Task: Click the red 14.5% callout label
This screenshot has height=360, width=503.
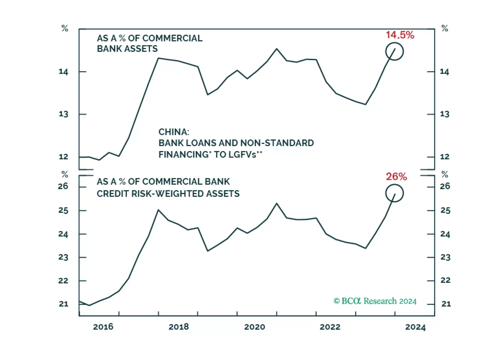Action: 400,35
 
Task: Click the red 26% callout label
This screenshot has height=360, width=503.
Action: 396,177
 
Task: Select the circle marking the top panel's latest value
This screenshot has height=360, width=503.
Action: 394,51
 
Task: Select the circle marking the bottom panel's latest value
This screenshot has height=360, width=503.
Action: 394,193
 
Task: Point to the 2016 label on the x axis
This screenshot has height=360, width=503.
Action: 103,327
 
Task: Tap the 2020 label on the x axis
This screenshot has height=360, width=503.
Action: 254,327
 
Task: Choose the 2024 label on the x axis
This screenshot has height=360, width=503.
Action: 415,327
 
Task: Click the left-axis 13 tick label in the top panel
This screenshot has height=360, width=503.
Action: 63,114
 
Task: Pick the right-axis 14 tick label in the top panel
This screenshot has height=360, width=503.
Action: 444,72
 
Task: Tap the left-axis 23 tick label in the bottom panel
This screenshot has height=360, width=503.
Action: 63,257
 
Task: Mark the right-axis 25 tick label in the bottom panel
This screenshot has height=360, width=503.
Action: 445,210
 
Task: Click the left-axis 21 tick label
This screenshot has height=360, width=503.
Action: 63,304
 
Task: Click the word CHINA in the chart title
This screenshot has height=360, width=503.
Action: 173,132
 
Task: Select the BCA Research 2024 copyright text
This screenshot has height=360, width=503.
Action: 375,301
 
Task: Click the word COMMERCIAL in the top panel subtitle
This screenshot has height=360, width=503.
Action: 172,38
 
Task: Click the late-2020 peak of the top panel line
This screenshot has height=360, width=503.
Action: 276,49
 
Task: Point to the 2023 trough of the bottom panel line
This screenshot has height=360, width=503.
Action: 365,248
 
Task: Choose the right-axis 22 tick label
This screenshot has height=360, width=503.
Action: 445,280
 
